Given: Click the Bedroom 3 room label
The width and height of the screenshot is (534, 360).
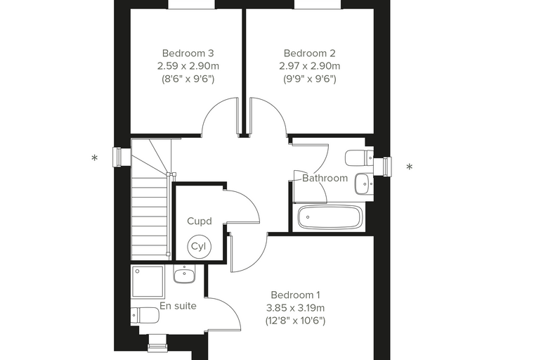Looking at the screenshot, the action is click(x=188, y=53).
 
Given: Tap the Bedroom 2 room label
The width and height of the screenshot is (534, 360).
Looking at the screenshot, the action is click(x=310, y=53).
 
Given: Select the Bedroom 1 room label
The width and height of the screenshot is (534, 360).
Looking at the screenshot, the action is click(x=295, y=295).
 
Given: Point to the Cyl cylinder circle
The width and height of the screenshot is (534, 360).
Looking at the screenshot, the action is click(x=200, y=246).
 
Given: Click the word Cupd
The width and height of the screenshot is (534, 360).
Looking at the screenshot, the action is click(x=200, y=221).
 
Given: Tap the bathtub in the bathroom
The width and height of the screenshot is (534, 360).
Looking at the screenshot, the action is click(x=329, y=217).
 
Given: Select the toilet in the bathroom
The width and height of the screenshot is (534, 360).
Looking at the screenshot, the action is click(x=359, y=157).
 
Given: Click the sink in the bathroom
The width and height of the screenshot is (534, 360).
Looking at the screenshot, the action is click(x=364, y=184).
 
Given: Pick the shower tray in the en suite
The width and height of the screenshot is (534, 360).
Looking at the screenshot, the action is click(x=148, y=281).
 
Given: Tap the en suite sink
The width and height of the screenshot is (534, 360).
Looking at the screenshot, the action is click(x=184, y=274).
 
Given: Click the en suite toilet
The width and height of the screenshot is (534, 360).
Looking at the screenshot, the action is click(x=145, y=315).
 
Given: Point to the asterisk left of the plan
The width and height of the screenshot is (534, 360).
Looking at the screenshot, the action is click(x=95, y=158).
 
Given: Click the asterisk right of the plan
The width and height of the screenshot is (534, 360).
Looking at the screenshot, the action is click(x=410, y=167).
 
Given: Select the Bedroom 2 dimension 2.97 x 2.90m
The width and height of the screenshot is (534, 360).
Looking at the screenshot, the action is click(x=310, y=66).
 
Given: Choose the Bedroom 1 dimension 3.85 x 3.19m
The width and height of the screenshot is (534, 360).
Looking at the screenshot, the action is click(x=295, y=308).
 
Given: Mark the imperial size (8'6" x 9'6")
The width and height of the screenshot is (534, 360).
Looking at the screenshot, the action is click(x=188, y=79).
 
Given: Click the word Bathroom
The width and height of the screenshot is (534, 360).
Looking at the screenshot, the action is click(x=325, y=179).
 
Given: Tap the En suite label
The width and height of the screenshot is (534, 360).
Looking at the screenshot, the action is click(x=178, y=306).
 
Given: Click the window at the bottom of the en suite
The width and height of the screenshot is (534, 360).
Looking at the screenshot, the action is click(x=157, y=342).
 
